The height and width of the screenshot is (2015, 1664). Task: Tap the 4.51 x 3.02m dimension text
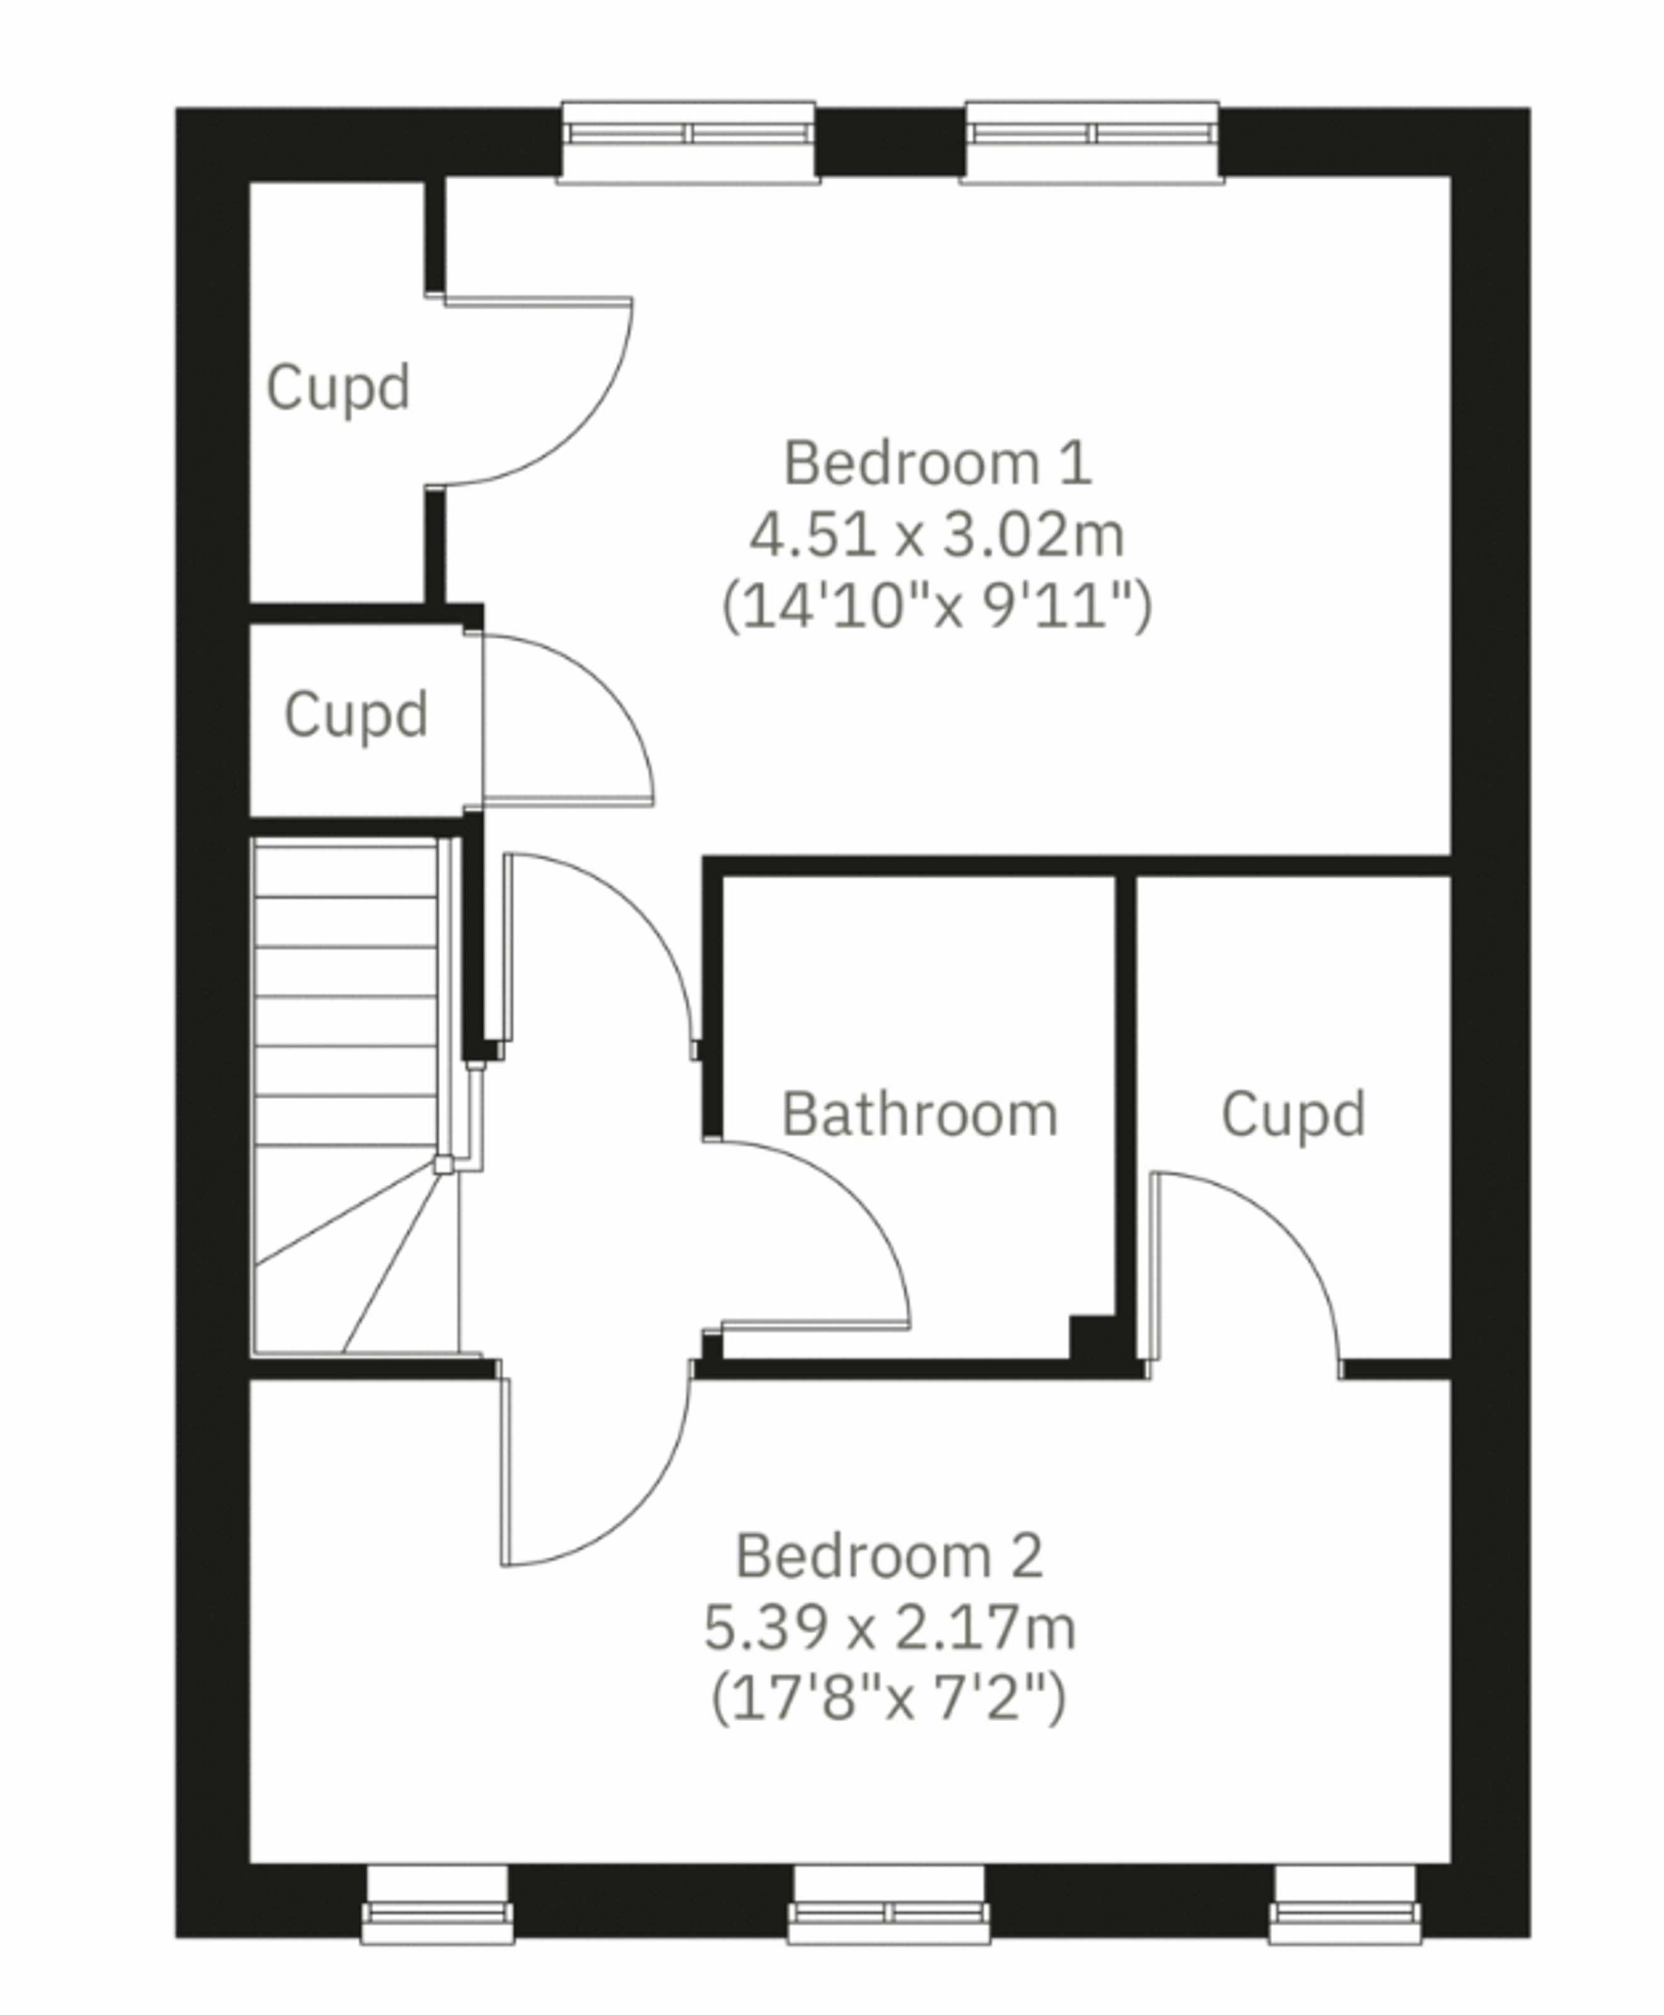tap(937, 535)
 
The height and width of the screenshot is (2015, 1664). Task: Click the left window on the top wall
tap(688, 142)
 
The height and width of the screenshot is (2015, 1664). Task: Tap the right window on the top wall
tap(1093, 142)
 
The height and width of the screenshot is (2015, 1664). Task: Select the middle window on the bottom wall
tap(889, 1904)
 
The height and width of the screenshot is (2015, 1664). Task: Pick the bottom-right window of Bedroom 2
tap(1345, 1904)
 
